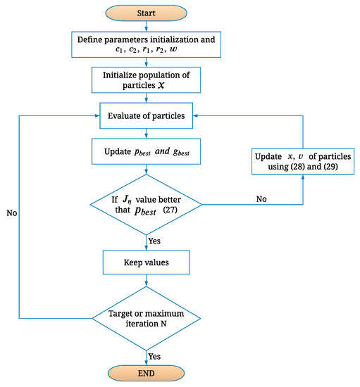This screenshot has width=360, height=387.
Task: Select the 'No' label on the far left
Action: click(x=11, y=210)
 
